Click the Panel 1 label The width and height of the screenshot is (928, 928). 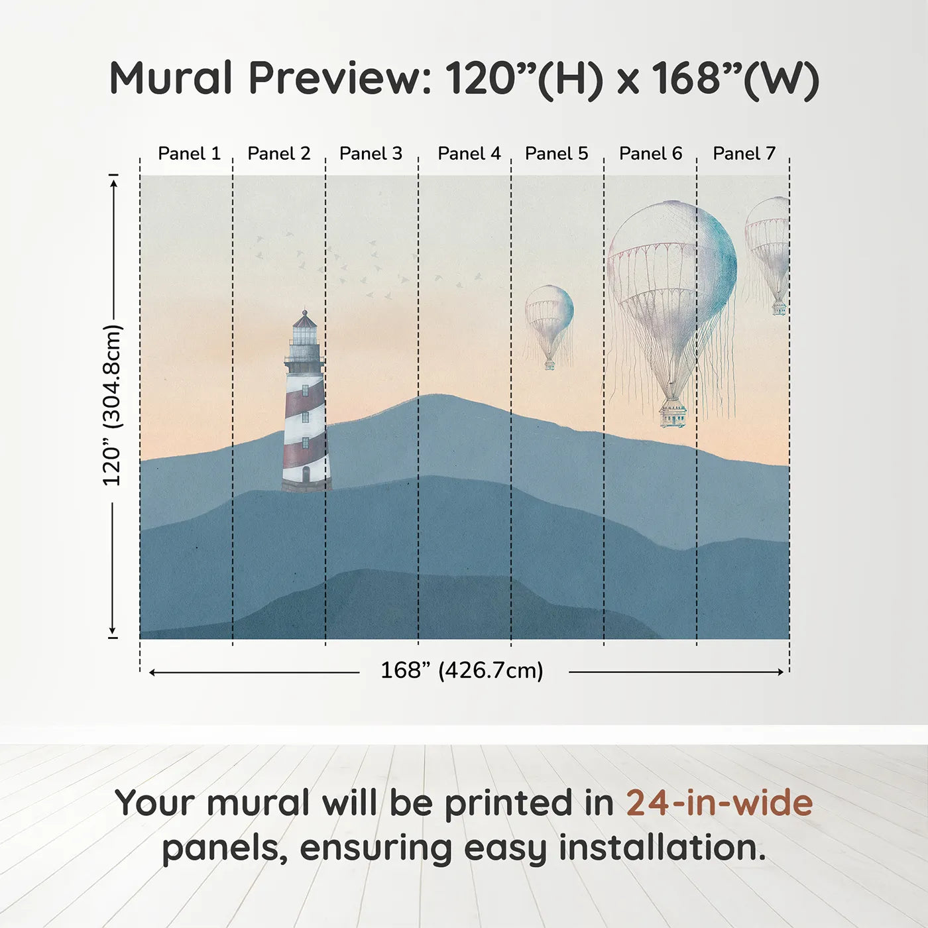pos(190,154)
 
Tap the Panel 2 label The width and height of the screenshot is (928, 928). pos(279,154)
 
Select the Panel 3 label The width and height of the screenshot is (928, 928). pos(371,154)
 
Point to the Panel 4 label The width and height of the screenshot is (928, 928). pos(469,154)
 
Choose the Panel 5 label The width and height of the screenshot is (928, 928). pos(557,154)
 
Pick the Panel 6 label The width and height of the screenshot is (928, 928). pos(651,154)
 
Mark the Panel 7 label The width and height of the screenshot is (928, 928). pos(744,154)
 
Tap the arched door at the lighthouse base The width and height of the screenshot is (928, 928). pos(306,475)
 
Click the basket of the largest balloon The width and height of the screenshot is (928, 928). pos(673,414)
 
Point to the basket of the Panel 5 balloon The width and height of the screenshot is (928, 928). pos(550,365)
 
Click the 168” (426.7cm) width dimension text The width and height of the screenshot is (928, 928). pos(462,671)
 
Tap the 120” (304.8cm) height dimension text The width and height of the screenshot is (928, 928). pos(113,405)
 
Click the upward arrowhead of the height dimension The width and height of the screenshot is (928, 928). pos(114,183)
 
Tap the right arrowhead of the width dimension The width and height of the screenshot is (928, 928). pos(781,672)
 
